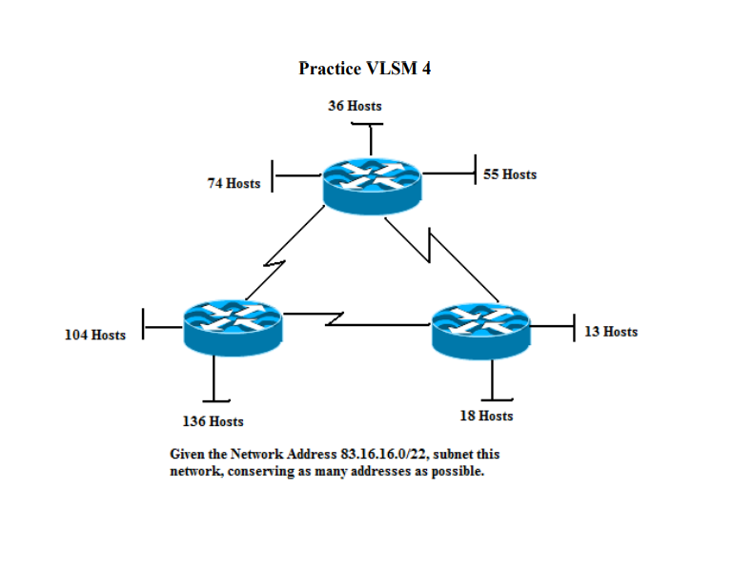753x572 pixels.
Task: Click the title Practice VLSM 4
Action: [x=364, y=69]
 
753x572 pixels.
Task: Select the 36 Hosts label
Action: [x=355, y=106]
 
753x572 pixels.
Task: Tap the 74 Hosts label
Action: [x=234, y=183]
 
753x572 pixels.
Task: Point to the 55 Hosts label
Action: [x=510, y=174]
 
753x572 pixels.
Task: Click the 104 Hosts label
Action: [x=94, y=335]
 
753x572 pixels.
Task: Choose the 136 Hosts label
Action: [x=213, y=421]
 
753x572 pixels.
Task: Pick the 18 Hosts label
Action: [x=486, y=416]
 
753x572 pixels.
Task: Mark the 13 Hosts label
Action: [x=611, y=332]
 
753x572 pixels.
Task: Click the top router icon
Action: [x=371, y=182]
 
